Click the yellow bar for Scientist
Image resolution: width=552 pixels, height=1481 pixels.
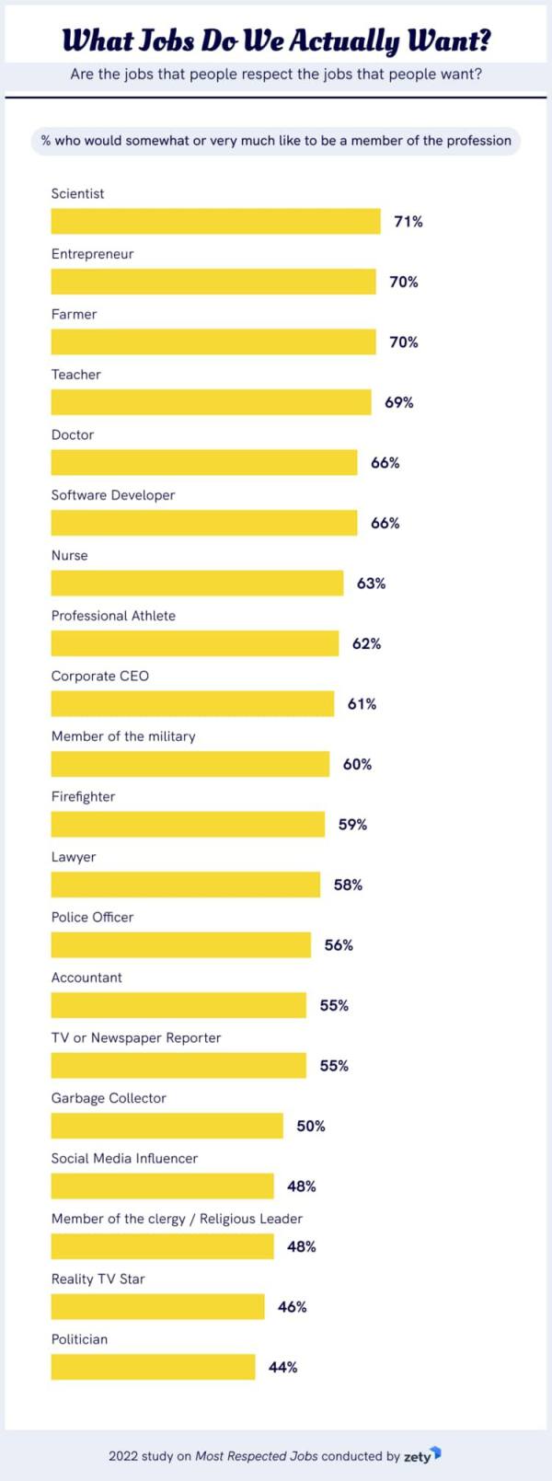(x=216, y=222)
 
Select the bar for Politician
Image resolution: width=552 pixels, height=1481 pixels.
(x=154, y=1367)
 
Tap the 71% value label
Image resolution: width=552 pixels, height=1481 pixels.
(x=408, y=222)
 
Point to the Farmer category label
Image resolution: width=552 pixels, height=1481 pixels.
(x=74, y=314)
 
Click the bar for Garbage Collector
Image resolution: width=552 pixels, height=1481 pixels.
(x=167, y=1126)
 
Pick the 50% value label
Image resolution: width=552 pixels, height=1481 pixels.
(x=311, y=1126)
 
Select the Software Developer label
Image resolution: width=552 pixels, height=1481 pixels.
(x=113, y=495)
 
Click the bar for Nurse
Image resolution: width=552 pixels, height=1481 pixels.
(x=198, y=584)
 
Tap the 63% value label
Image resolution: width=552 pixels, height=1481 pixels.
(x=371, y=584)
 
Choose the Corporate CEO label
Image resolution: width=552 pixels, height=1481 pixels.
(x=100, y=676)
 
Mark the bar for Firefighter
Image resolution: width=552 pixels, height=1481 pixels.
(x=189, y=825)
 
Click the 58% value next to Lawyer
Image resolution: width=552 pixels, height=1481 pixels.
(x=348, y=885)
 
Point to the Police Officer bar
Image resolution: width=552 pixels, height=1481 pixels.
(x=181, y=944)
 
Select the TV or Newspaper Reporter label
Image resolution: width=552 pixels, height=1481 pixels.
(x=136, y=1037)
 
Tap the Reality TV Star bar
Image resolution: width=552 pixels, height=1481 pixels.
(x=158, y=1306)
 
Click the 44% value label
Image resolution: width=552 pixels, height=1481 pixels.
(x=283, y=1367)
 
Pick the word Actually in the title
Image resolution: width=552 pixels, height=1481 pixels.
(x=344, y=41)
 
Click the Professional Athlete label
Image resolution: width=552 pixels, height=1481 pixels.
(x=114, y=616)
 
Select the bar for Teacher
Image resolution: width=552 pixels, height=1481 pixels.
(x=212, y=402)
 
